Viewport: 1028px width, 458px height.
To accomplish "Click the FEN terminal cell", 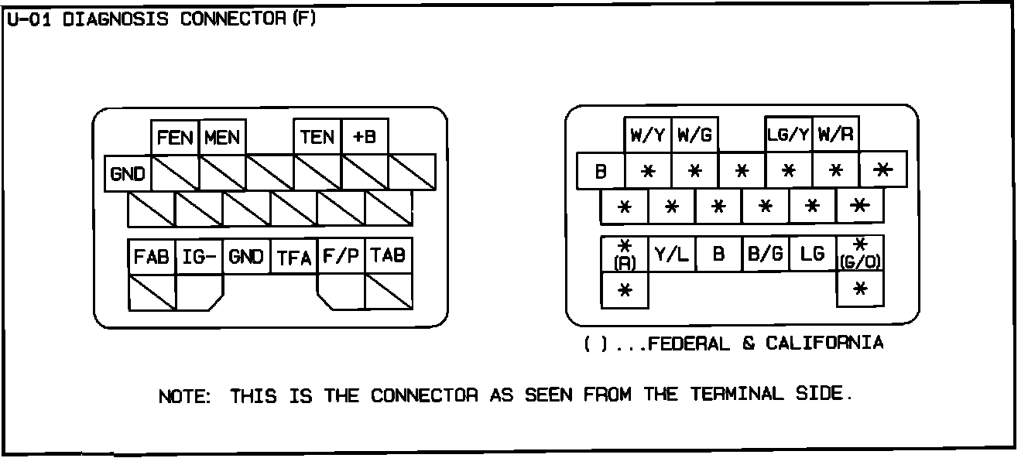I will point(175,138).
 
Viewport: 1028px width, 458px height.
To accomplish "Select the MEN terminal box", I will point(223,138).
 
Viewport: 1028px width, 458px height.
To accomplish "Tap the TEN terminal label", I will point(317,138).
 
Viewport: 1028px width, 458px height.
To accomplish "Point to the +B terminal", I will point(365,138).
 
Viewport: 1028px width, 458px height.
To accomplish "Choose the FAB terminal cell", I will point(152,256).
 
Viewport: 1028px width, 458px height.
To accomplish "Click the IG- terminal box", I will point(200,256).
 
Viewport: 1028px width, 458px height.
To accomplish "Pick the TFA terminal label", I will point(294,258).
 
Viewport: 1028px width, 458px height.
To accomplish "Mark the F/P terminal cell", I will point(341,256).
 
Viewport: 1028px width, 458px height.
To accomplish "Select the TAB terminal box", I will point(389,256).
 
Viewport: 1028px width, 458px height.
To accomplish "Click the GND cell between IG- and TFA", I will point(247,257).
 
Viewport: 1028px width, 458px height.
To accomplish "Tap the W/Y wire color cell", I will point(648,135).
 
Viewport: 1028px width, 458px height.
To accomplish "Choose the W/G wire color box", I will point(695,135).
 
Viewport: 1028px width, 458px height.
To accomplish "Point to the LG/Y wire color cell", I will point(789,135).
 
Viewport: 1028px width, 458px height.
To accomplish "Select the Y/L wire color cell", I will point(672,254).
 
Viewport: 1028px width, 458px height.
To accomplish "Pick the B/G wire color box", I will point(766,254).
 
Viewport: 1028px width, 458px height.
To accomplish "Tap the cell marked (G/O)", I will point(860,255).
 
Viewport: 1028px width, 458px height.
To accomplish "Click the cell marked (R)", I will point(625,255).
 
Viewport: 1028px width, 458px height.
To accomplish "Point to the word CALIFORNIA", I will point(824,343).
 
